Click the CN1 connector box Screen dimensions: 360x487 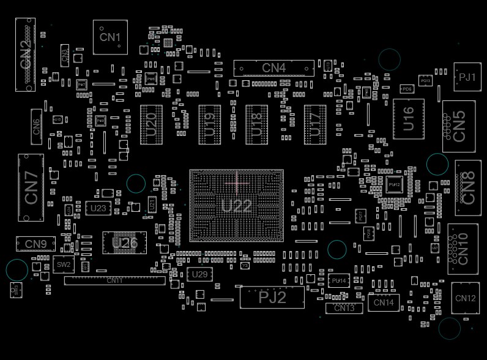[110, 37]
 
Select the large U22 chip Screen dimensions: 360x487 [236, 206]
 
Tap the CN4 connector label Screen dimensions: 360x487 [273, 68]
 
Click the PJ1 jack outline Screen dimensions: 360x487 [467, 77]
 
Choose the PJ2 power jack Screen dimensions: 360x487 [272, 298]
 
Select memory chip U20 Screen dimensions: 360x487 [152, 124]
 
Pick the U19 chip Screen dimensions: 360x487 [210, 124]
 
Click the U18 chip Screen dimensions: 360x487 [257, 124]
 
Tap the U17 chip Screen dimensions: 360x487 [316, 124]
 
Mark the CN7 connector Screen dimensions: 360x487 [31, 188]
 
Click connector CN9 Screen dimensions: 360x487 [35, 244]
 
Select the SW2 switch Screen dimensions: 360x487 [63, 265]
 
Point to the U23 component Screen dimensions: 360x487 [98, 208]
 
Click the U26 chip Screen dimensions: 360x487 [125, 242]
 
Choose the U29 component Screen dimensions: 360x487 [199, 274]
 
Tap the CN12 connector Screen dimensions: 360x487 [465, 298]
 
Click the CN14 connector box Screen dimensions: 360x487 [384, 302]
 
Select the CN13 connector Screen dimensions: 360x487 [344, 308]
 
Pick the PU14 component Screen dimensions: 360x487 [338, 281]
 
